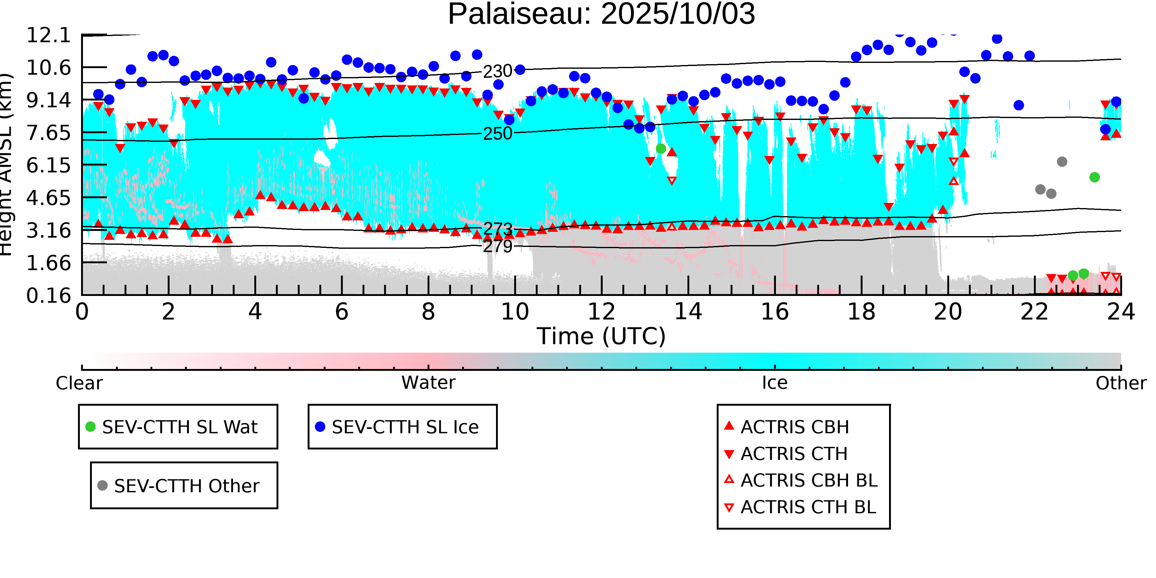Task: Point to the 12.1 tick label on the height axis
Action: coord(48,35)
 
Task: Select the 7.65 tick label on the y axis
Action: coord(48,133)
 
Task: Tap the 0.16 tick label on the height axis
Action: coord(48,296)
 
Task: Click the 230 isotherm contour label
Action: coord(497,71)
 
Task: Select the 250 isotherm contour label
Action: coord(497,134)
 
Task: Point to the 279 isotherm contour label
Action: coord(497,246)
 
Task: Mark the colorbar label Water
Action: coord(428,383)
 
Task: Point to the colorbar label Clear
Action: coord(79,383)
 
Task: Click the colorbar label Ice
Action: coord(775,383)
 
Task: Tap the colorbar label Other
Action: coord(1121,383)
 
